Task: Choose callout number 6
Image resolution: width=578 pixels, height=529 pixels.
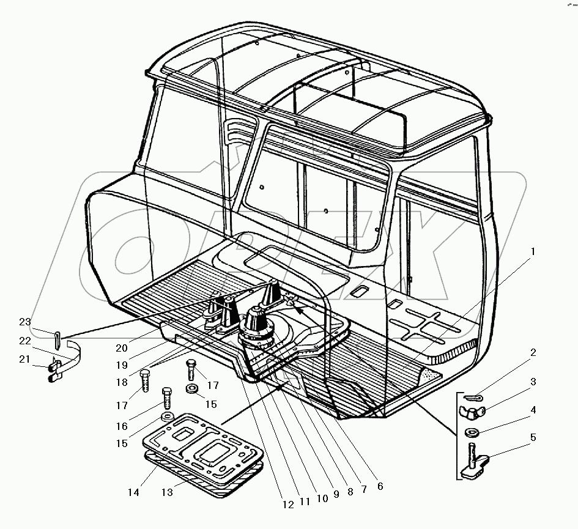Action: click(x=380, y=486)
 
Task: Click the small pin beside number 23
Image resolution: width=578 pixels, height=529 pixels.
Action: click(x=57, y=335)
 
